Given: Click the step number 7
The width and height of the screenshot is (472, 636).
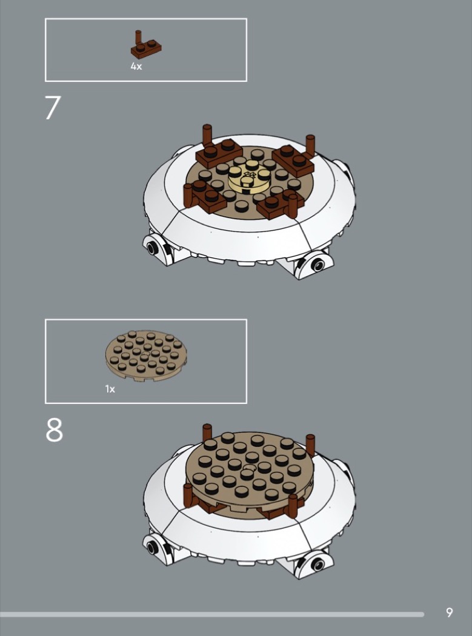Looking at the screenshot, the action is (x=53, y=107).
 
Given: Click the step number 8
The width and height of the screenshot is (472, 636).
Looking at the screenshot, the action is (x=54, y=429).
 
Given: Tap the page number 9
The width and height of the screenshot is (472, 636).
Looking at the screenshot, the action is (x=449, y=612).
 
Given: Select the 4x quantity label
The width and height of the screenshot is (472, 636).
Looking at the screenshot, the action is (x=136, y=67).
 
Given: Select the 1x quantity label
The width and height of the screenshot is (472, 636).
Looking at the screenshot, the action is (x=110, y=389).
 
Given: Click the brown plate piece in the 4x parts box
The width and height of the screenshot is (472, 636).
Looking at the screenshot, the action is (x=145, y=45).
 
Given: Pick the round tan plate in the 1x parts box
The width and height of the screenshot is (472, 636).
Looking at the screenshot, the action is (x=146, y=356).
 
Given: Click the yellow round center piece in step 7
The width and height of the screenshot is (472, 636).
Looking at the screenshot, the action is (x=250, y=179).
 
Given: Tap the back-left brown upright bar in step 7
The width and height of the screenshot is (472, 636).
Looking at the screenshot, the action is (x=207, y=135).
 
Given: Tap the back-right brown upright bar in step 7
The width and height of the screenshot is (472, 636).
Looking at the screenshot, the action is (x=310, y=146).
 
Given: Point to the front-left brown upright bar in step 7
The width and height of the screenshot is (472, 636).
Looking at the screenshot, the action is (x=188, y=196).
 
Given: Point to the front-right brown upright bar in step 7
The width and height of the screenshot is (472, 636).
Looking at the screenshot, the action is (x=293, y=207).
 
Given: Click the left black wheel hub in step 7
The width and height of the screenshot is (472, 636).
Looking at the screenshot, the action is (x=152, y=247).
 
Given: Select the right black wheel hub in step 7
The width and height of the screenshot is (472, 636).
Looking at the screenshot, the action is (x=317, y=265).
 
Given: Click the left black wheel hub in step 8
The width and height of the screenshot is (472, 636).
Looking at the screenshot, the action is (x=152, y=547).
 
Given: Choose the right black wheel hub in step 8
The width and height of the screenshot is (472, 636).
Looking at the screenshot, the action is (x=317, y=564).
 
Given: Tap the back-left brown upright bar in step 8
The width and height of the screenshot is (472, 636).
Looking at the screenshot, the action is (x=207, y=432).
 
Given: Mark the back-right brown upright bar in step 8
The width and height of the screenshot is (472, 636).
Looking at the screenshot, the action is (x=310, y=445).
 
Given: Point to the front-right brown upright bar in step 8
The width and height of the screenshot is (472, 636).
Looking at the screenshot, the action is (x=293, y=506).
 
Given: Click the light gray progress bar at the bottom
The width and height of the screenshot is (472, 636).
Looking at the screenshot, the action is (x=212, y=615).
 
